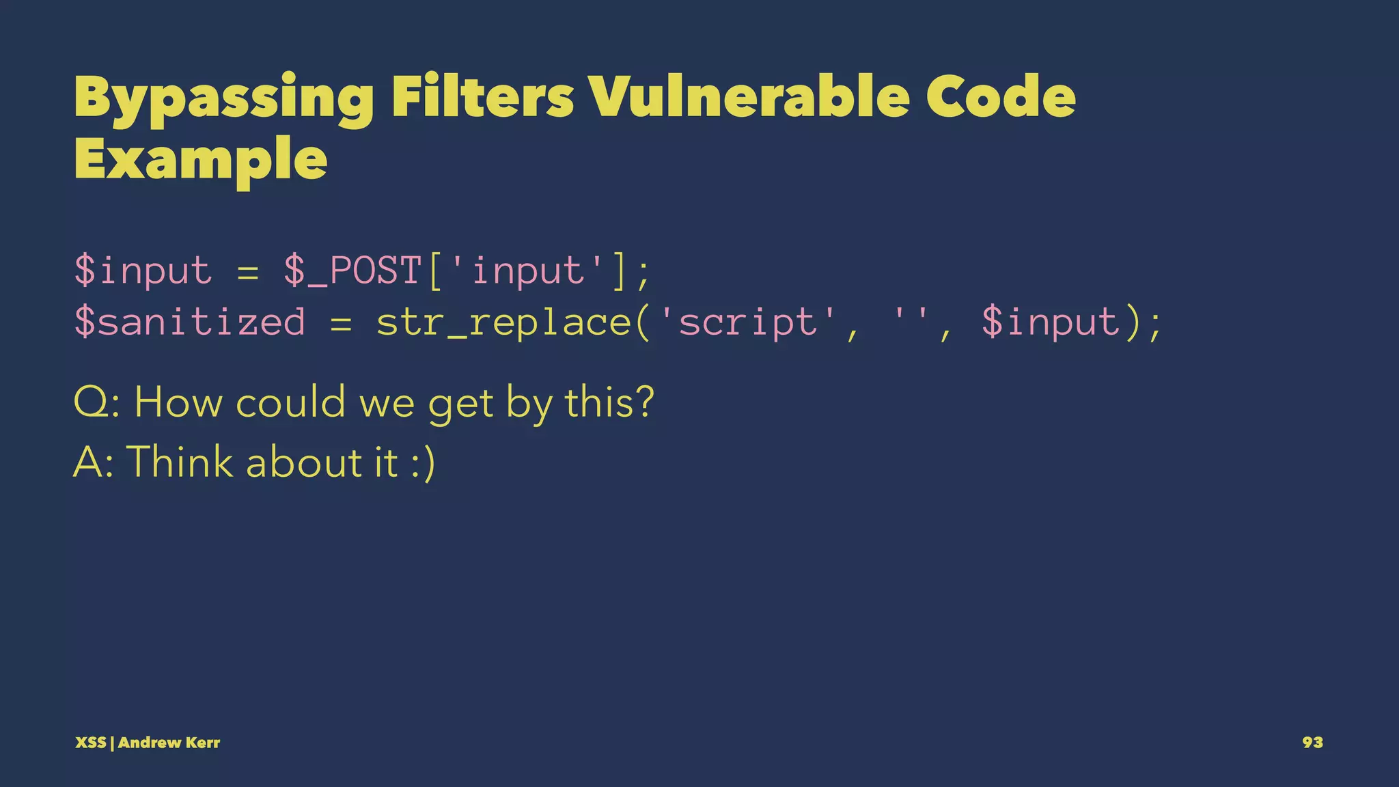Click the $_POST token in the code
[x=352, y=271]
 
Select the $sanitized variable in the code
[x=189, y=322]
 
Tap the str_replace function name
[x=504, y=322]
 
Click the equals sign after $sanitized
[x=341, y=322]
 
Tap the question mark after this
[x=643, y=402]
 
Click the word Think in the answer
[x=180, y=462]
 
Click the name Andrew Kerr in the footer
[x=169, y=743]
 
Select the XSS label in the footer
[x=90, y=743]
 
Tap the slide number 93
[x=1312, y=743]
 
